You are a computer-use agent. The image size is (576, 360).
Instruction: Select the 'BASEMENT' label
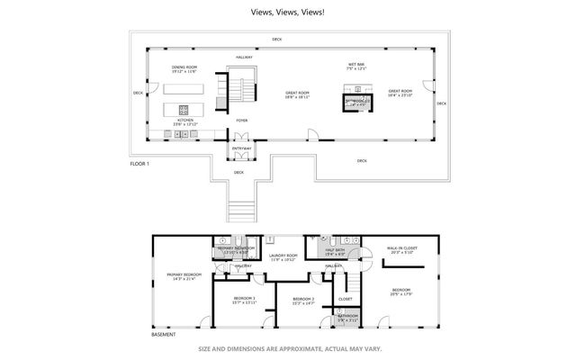164,335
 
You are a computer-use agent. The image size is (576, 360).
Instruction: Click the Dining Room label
184,67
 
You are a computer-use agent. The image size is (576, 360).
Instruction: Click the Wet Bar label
358,65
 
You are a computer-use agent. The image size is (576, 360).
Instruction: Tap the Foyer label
242,120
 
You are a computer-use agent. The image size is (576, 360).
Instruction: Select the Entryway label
241,148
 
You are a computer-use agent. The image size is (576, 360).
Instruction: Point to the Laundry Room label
283,256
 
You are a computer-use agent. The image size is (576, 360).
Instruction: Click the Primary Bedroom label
180,274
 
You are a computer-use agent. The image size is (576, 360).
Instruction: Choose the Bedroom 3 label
244,297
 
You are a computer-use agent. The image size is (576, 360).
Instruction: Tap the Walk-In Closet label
400,248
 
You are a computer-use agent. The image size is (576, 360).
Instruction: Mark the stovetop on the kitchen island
184,108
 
